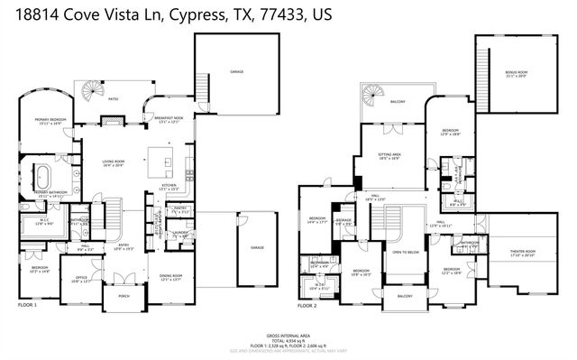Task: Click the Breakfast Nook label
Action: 169,119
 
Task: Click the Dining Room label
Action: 170,277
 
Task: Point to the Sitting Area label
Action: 389,157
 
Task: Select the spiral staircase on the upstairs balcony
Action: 371,94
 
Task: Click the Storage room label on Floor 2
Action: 343,221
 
